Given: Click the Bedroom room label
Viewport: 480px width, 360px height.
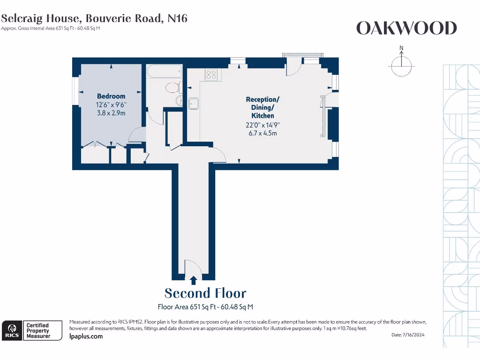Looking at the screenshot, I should point(111,96).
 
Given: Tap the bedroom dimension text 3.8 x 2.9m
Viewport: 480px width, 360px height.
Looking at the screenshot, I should point(111,113).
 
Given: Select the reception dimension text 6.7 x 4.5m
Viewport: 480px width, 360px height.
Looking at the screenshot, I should point(262,133).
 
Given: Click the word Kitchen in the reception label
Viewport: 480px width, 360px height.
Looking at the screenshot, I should point(262,116).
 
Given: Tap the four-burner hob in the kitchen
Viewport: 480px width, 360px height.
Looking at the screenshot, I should point(211,75).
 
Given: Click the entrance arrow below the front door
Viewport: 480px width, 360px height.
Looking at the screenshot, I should point(193,280).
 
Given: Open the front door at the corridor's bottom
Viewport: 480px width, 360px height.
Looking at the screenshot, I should point(193,268).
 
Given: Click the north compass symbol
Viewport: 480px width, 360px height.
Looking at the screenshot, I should point(401,63).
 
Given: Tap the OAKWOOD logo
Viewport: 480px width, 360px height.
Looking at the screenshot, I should point(406,28).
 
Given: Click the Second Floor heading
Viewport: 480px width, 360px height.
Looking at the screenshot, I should point(205,293).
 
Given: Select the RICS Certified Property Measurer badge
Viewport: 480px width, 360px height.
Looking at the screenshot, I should point(32,330).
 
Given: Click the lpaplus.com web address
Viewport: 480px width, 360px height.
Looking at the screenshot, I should point(86,336).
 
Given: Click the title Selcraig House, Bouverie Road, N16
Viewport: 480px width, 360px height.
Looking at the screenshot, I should point(94,18).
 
